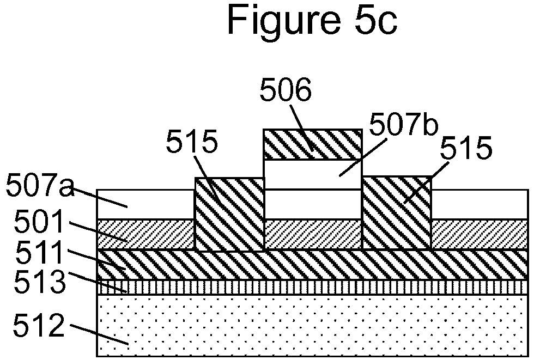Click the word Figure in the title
[284, 20]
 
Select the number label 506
[286, 90]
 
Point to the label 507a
[40, 185]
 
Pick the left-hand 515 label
[191, 142]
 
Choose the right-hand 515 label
[466, 148]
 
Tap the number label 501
[39, 221]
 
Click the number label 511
[39, 252]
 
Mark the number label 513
[39, 282]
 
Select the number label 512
[39, 325]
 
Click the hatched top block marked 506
[313, 144]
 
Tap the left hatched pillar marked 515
[229, 213]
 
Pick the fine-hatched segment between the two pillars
[313, 234]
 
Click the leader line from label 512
[100, 334]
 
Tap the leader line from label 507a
[100, 198]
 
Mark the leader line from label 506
[302, 127]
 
